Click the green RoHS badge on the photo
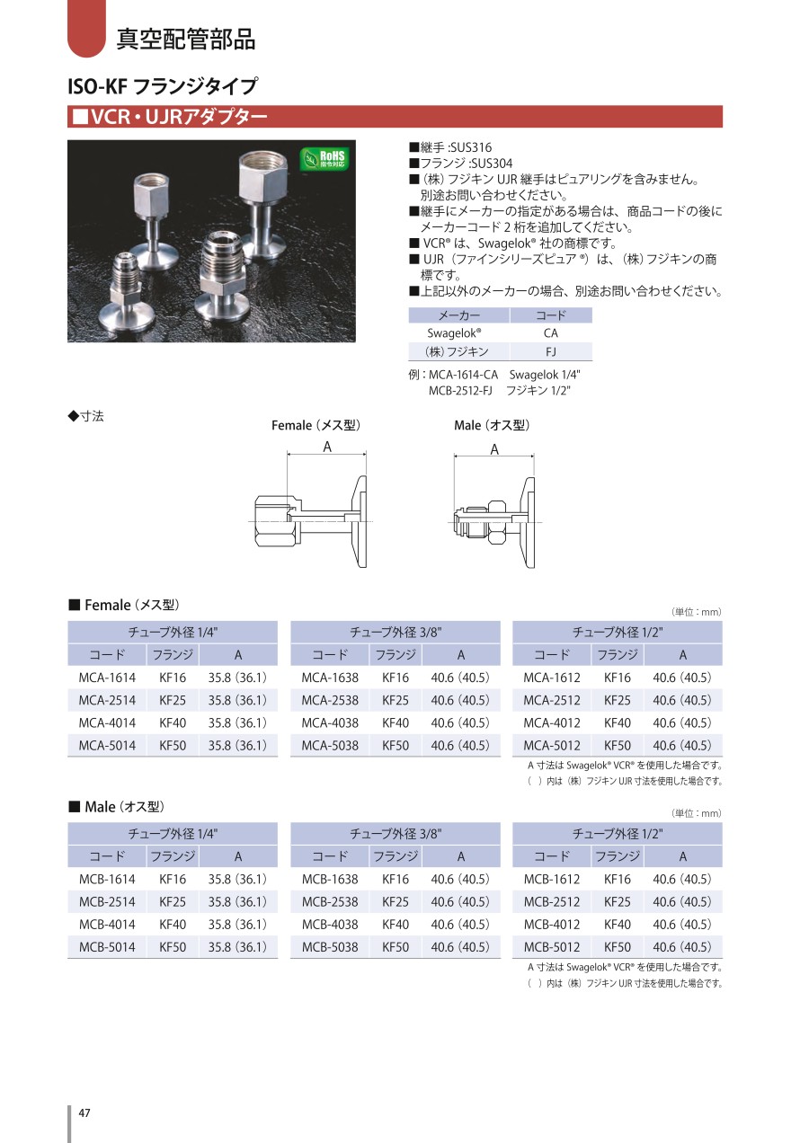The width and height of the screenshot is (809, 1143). click(x=326, y=160)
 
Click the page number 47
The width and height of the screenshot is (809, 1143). click(x=84, y=1113)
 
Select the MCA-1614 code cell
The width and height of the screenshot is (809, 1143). click(x=107, y=678)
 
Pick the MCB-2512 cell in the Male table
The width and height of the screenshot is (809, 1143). click(x=552, y=902)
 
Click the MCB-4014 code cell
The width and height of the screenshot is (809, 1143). click(x=107, y=925)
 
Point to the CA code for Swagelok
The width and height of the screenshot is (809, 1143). click(x=551, y=333)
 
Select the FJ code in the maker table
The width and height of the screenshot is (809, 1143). click(x=551, y=352)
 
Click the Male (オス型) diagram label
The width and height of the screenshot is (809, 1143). click(x=492, y=426)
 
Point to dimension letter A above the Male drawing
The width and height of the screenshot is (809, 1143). click(x=494, y=449)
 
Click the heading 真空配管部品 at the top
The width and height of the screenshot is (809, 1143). click(x=186, y=40)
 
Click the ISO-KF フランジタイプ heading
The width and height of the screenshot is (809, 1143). click(x=163, y=86)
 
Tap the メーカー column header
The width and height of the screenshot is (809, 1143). click(x=459, y=315)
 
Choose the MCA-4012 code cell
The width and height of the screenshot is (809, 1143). click(x=552, y=723)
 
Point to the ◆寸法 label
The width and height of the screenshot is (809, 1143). click(x=86, y=416)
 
